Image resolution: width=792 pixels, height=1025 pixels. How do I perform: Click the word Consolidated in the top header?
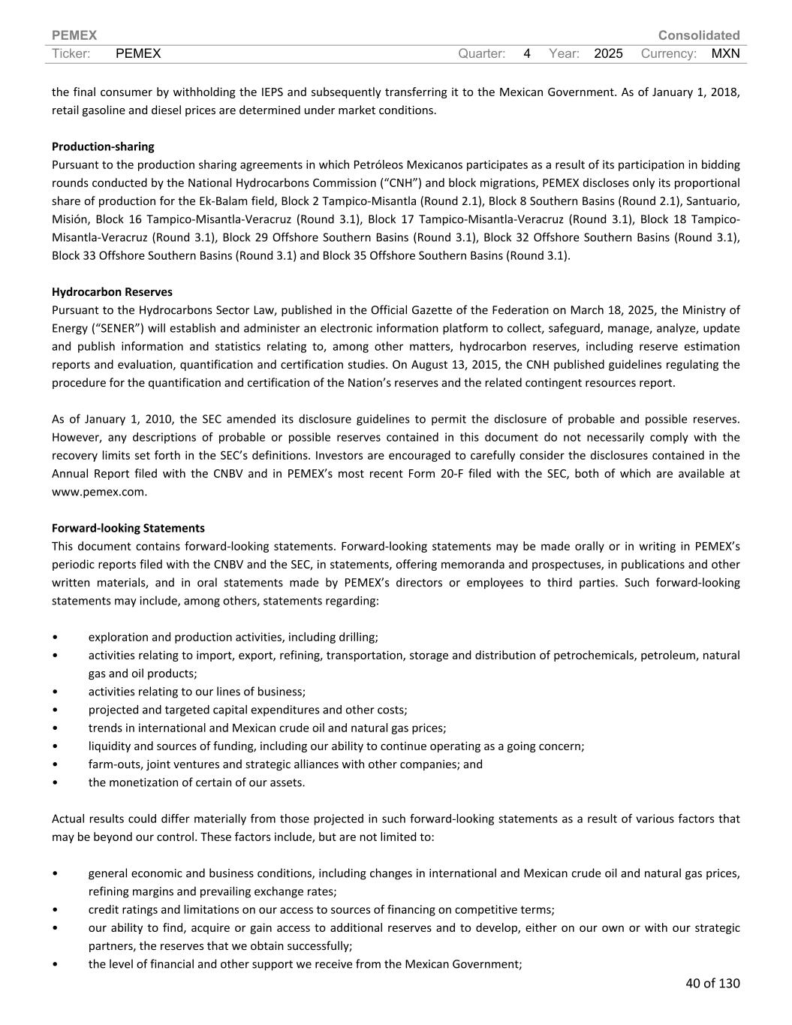tap(698, 35)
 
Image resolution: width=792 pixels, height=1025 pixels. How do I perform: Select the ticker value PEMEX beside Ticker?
tap(139, 53)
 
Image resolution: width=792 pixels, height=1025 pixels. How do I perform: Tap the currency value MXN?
tap(725, 53)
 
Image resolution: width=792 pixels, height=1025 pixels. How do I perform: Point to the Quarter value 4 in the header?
tap(527, 53)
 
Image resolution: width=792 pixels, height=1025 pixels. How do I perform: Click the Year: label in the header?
tap(564, 53)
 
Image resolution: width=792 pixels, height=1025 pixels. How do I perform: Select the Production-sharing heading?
tap(103, 146)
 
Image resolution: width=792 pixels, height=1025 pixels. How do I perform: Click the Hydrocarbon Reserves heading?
tap(112, 292)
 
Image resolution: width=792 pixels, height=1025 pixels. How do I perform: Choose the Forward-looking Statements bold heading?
tap(128, 528)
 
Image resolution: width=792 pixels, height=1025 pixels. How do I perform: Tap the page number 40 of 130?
tap(712, 983)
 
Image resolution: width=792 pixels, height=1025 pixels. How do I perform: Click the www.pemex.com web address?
tap(99, 492)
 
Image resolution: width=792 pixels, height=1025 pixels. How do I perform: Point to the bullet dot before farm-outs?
tap(56, 764)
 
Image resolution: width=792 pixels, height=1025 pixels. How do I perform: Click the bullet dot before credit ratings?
tap(56, 910)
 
